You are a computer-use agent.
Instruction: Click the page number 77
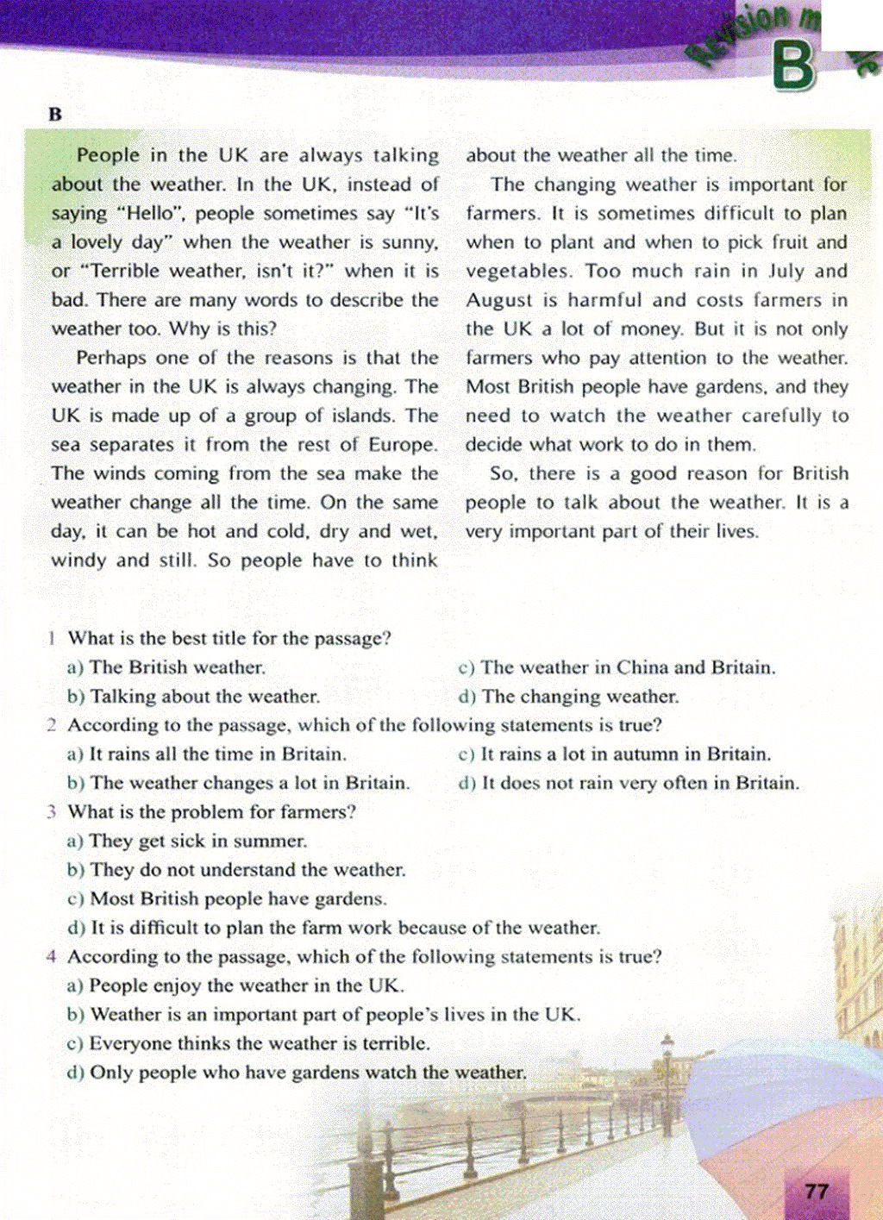(x=816, y=1192)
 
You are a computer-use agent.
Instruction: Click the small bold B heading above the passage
(x=56, y=115)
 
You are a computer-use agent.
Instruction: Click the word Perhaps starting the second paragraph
(x=106, y=358)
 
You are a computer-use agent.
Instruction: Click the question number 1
(x=53, y=639)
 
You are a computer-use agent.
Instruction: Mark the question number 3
(x=52, y=812)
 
